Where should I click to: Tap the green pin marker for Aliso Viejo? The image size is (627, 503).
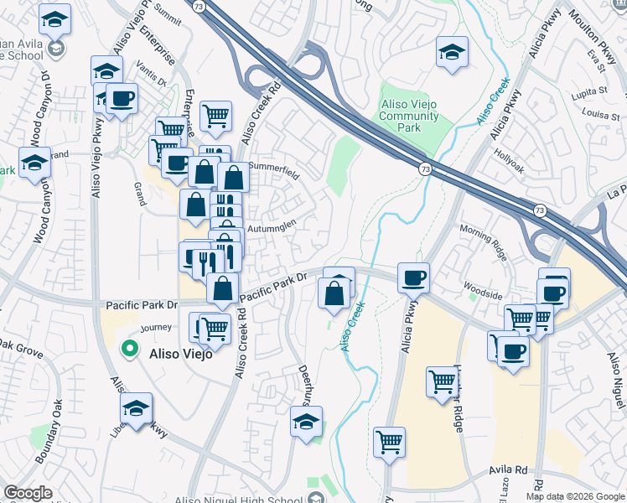tap(130, 349)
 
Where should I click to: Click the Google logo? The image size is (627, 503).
tap(28, 493)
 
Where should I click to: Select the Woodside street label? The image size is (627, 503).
tap(484, 294)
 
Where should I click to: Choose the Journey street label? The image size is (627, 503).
tap(156, 328)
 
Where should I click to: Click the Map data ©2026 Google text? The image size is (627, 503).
tap(576, 496)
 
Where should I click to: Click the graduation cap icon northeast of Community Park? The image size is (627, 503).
tap(451, 52)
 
